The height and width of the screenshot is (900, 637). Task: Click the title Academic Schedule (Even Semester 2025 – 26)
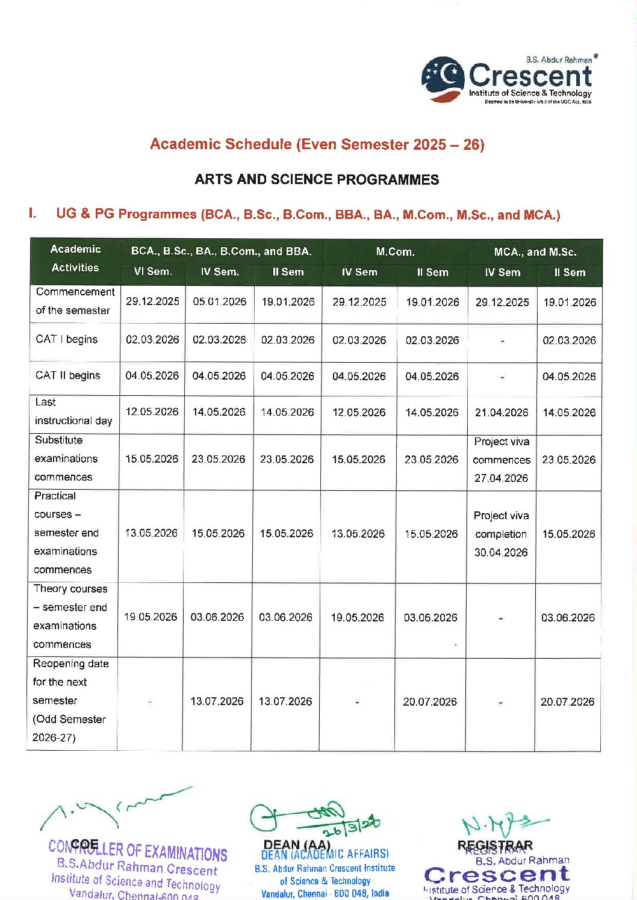pos(317,144)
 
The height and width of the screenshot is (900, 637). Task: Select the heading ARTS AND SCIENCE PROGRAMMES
pos(317,179)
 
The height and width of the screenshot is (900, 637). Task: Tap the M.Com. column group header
pos(395,251)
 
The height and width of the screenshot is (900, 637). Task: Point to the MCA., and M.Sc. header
pos(535,251)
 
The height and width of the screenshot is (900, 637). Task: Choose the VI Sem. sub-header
pos(152,272)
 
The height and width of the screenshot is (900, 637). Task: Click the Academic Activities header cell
pos(75,259)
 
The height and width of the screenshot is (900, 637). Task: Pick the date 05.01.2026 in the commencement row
pos(219,301)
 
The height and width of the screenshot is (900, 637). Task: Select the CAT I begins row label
pos(66,339)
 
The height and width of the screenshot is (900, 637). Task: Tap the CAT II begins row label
pos(67,375)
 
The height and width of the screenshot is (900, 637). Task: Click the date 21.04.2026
pos(501,413)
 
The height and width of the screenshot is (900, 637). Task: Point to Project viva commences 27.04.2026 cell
pos(501,460)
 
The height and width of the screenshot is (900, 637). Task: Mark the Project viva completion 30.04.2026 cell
pos(500,534)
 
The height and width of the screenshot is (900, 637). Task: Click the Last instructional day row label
pos(73,411)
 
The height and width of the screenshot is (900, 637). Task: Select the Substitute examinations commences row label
pos(66,458)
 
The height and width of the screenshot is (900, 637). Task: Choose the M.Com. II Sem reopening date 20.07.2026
pos(430,701)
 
